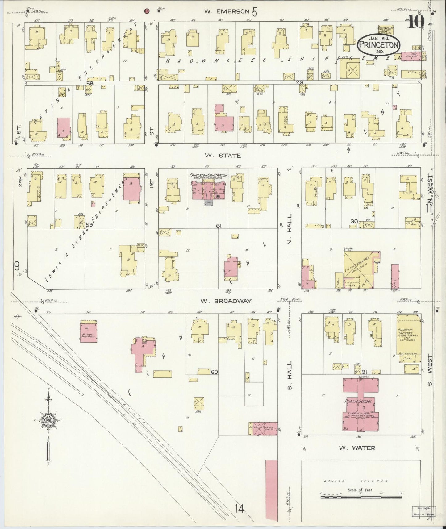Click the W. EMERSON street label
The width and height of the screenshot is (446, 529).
coord(227,11)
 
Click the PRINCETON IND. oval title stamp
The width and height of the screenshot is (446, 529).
coord(379,46)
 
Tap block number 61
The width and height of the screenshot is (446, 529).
coord(219,226)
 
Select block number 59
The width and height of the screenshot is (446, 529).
coord(89,225)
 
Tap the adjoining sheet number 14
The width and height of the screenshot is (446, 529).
coord(239,508)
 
